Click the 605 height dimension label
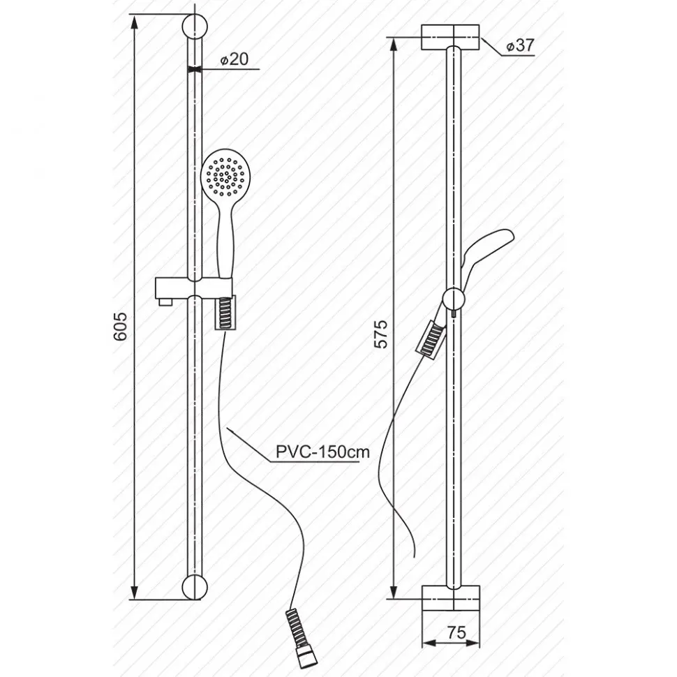[x=121, y=326]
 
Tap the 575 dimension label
[x=382, y=334]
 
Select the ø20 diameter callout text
[x=235, y=59]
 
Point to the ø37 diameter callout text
[x=520, y=45]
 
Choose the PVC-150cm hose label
[x=322, y=452]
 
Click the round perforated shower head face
[x=223, y=176]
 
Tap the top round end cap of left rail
[x=195, y=27]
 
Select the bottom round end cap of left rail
[x=195, y=586]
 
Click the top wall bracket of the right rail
[x=450, y=37]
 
